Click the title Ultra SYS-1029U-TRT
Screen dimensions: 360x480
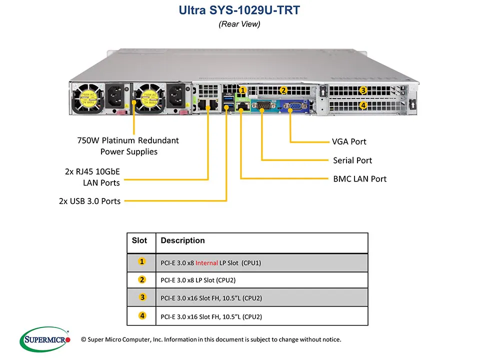[239, 10]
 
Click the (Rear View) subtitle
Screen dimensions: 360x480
[239, 24]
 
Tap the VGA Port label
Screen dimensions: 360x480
[349, 141]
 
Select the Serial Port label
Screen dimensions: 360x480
[352, 160]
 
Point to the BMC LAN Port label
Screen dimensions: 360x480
[359, 179]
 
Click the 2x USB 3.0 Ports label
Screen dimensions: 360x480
[89, 201]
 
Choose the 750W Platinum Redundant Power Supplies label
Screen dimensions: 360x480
[128, 146]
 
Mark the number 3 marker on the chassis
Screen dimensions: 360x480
[363, 90]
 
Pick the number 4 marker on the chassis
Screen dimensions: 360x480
[363, 105]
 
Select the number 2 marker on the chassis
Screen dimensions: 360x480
[283, 90]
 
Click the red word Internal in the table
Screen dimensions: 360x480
[206, 262]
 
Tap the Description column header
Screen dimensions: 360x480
[182, 240]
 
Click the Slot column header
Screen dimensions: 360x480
[139, 240]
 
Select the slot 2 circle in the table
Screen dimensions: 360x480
[142, 279]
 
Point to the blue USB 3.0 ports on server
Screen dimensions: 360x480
[229, 105]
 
